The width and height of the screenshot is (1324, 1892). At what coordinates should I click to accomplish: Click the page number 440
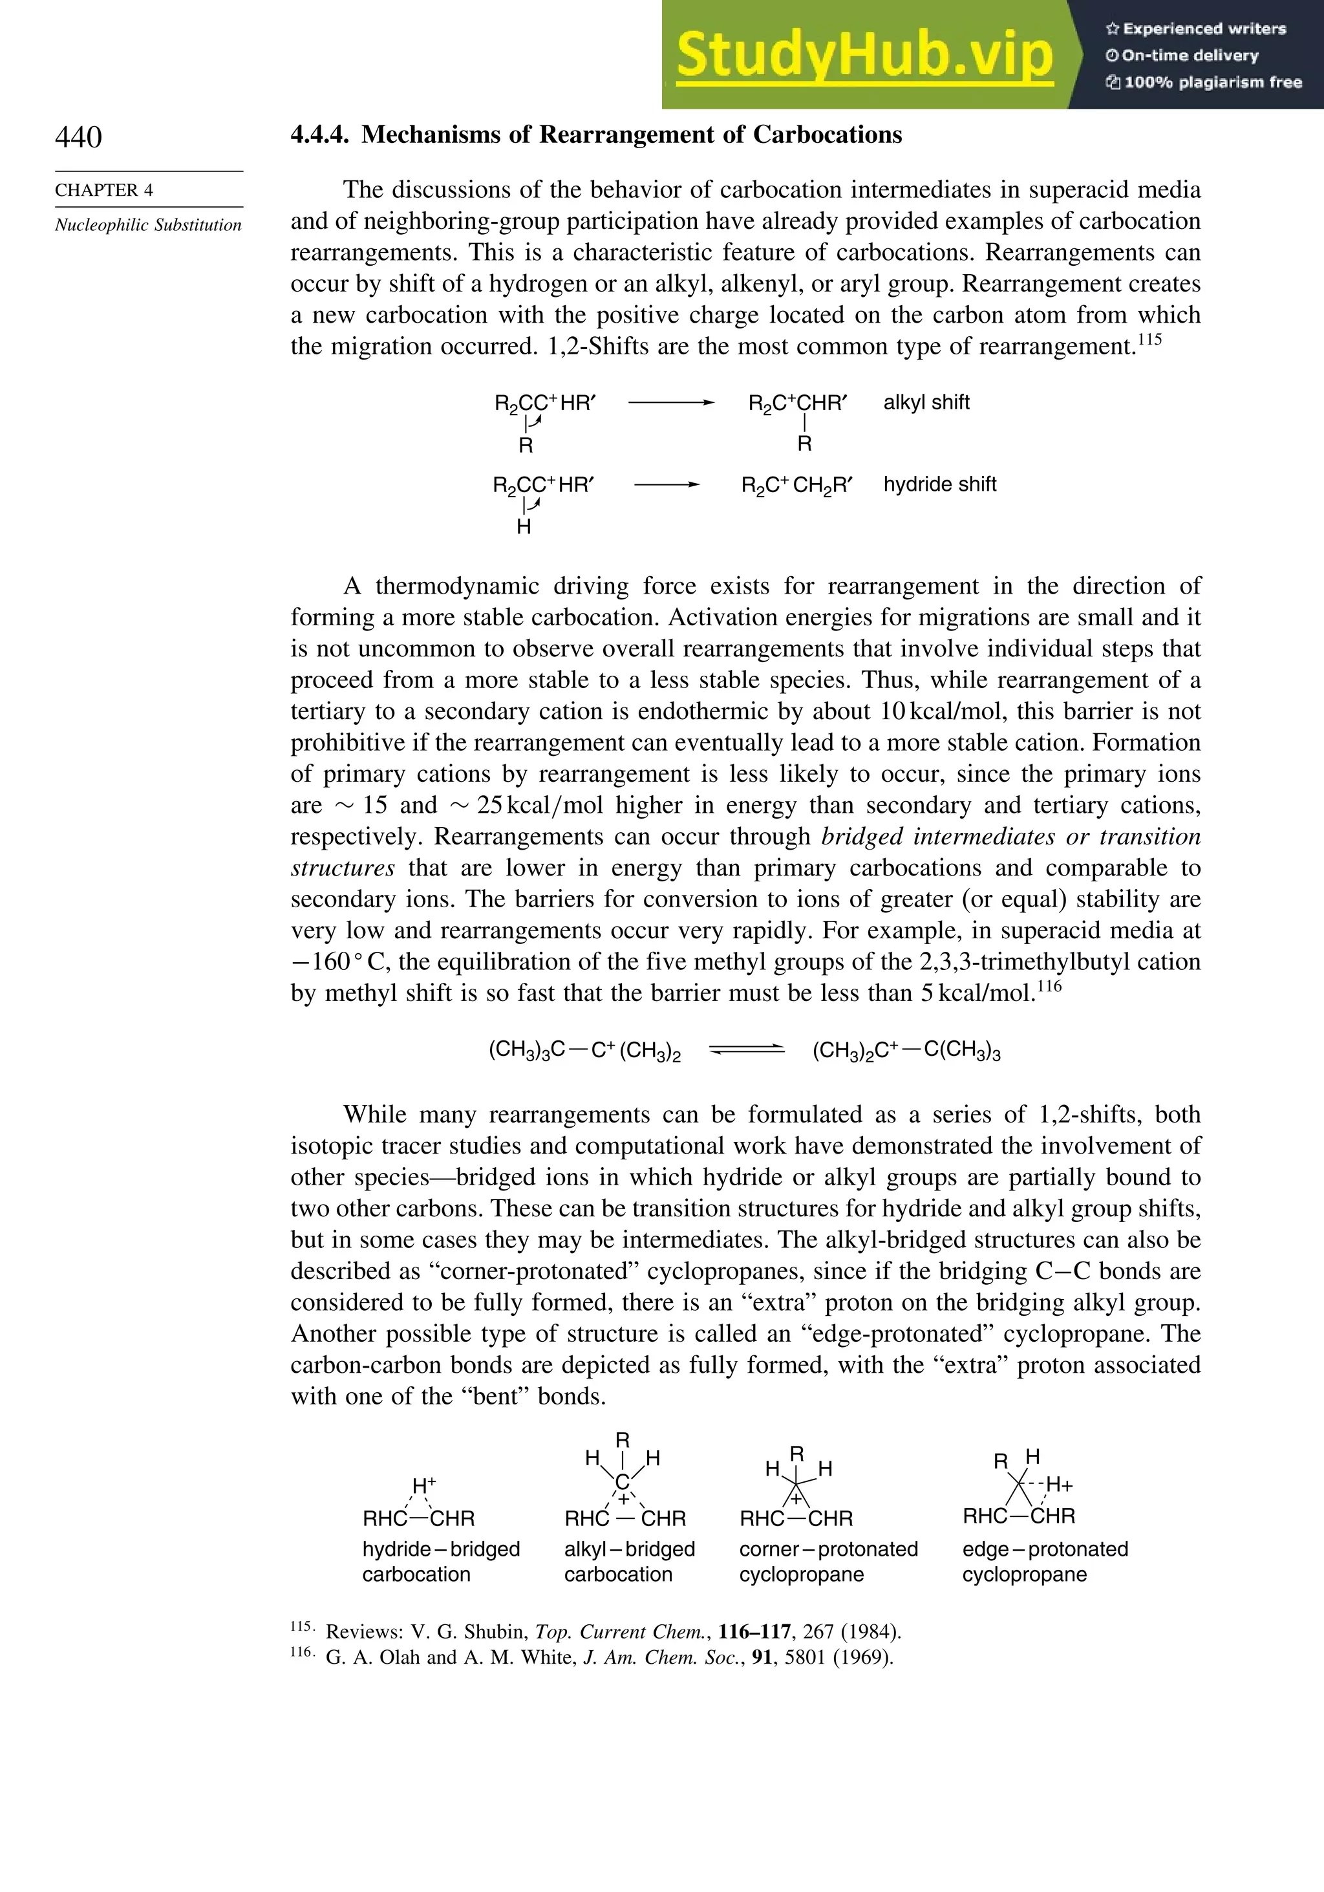(78, 137)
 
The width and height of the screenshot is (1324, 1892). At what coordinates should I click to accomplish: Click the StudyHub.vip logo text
(864, 55)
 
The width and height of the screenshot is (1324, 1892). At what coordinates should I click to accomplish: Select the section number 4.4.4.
(319, 135)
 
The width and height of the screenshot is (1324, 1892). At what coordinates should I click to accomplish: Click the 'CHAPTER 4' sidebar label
(104, 190)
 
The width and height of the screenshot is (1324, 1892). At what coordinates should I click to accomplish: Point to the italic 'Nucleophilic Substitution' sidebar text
(148, 225)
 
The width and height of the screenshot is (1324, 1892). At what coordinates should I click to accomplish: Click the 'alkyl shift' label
(926, 402)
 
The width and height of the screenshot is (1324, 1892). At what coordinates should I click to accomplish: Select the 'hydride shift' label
(939, 484)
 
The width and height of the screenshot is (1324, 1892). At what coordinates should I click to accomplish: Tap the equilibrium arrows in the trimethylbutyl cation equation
(747, 1049)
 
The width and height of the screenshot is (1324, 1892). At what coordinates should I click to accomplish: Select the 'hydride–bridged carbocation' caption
(441, 1562)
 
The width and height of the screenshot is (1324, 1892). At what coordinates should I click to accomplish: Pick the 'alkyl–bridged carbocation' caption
(630, 1562)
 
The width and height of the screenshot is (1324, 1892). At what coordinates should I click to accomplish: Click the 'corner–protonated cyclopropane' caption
(828, 1562)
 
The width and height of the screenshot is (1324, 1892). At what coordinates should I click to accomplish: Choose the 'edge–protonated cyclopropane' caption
(1045, 1562)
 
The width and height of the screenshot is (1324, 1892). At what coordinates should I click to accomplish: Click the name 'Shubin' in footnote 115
(496, 1631)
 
